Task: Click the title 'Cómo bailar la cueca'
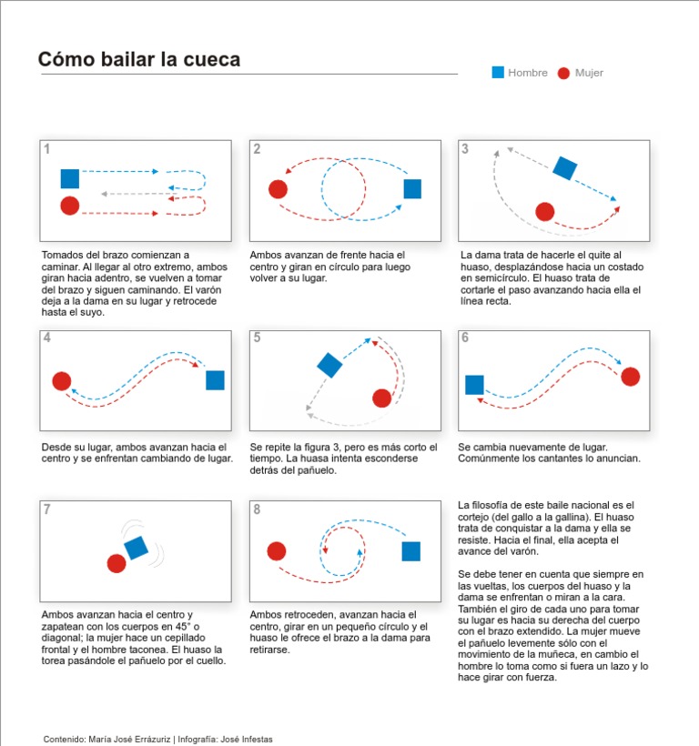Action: click(x=139, y=60)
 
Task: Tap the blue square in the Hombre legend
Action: click(x=498, y=73)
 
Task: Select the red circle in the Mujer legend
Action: click(x=564, y=73)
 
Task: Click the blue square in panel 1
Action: click(x=70, y=178)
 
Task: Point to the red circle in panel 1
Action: click(x=70, y=206)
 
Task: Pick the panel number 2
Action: click(x=257, y=149)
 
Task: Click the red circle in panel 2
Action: click(x=278, y=189)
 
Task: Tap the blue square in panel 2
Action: click(x=412, y=188)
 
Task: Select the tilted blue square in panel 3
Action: click(x=565, y=168)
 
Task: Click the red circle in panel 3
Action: click(x=544, y=212)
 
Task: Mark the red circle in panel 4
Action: click(x=62, y=381)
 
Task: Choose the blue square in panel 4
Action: click(x=215, y=380)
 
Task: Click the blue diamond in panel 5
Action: click(x=329, y=365)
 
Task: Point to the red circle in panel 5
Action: click(x=382, y=398)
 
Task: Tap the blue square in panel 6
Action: click(x=474, y=385)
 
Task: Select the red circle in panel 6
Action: click(x=630, y=377)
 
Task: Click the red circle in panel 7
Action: click(x=116, y=564)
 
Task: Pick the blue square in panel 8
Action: click(x=411, y=551)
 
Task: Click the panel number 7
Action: click(x=46, y=509)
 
